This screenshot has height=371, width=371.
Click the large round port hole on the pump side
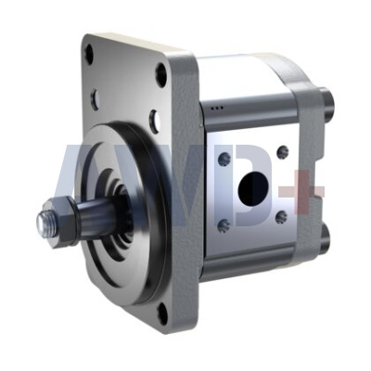(252, 188)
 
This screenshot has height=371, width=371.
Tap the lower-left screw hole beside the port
(224, 224)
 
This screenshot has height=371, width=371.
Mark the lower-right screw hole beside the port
(281, 217)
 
